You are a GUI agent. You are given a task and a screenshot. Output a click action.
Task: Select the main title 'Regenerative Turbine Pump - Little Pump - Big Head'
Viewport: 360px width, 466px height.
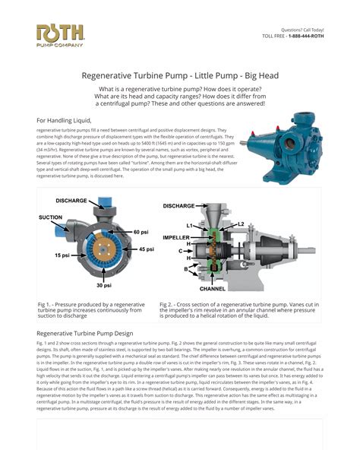point(180,76)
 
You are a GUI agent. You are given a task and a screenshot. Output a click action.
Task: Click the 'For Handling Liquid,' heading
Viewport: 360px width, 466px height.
point(64,120)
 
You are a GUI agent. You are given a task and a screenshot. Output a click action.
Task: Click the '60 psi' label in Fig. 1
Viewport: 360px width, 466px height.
point(141,231)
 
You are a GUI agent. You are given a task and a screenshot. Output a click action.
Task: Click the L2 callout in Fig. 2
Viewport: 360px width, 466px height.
point(241,223)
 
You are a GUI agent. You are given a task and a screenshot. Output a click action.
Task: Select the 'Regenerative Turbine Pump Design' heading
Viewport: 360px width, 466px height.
point(85,334)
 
